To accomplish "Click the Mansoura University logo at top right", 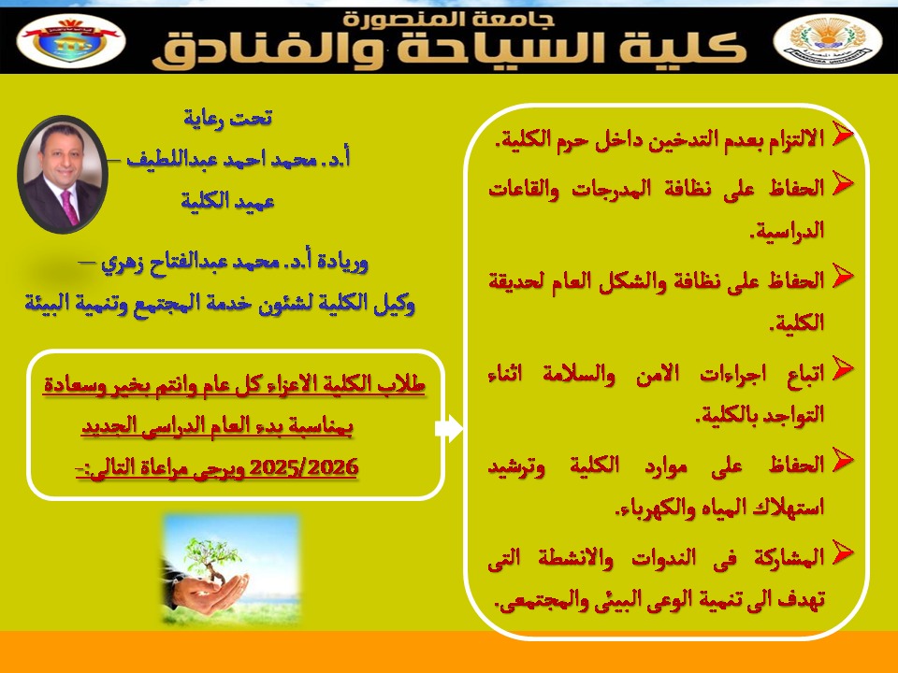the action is [x=828, y=40].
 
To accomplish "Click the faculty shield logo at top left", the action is [x=71, y=40].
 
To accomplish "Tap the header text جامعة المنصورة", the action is [x=448, y=19].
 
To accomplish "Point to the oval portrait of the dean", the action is [x=63, y=174].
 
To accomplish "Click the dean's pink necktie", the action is [x=70, y=208].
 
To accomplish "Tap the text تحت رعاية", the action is [x=227, y=118].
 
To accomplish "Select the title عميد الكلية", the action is [x=227, y=202].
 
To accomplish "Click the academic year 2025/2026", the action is [x=304, y=467].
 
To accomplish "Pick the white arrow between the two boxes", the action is [x=449, y=428].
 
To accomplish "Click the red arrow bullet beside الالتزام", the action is [x=841, y=134].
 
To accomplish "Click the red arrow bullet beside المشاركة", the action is [x=841, y=552].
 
